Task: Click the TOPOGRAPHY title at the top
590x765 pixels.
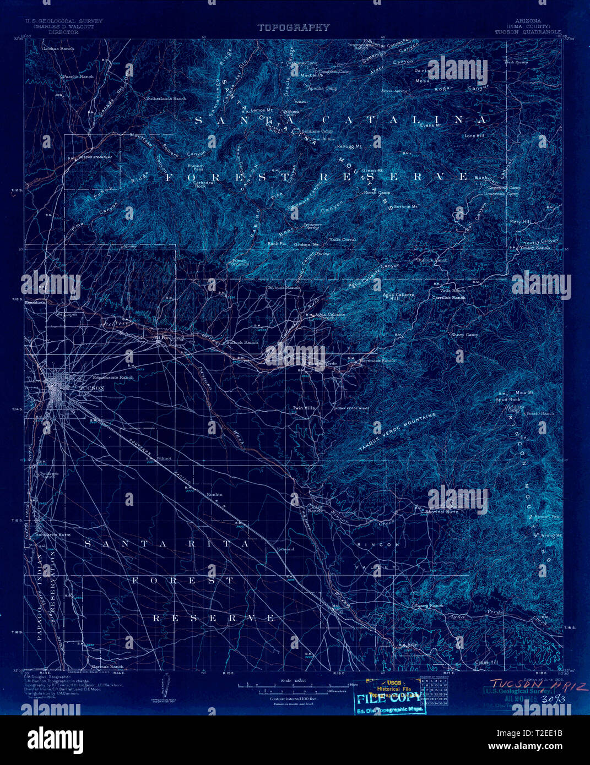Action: coord(293,27)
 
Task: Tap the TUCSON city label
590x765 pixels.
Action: coord(92,388)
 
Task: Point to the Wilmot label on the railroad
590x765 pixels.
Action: coord(164,458)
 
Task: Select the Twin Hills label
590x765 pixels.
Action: coord(304,408)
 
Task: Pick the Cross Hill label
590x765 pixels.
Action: coord(486,662)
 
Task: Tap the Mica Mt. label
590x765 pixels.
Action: coord(524,392)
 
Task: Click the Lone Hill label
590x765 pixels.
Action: coord(474,135)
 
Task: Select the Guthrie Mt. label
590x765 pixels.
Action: coord(406,206)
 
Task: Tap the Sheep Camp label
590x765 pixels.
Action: coord(465,335)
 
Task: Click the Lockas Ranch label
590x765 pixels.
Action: coord(58,48)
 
